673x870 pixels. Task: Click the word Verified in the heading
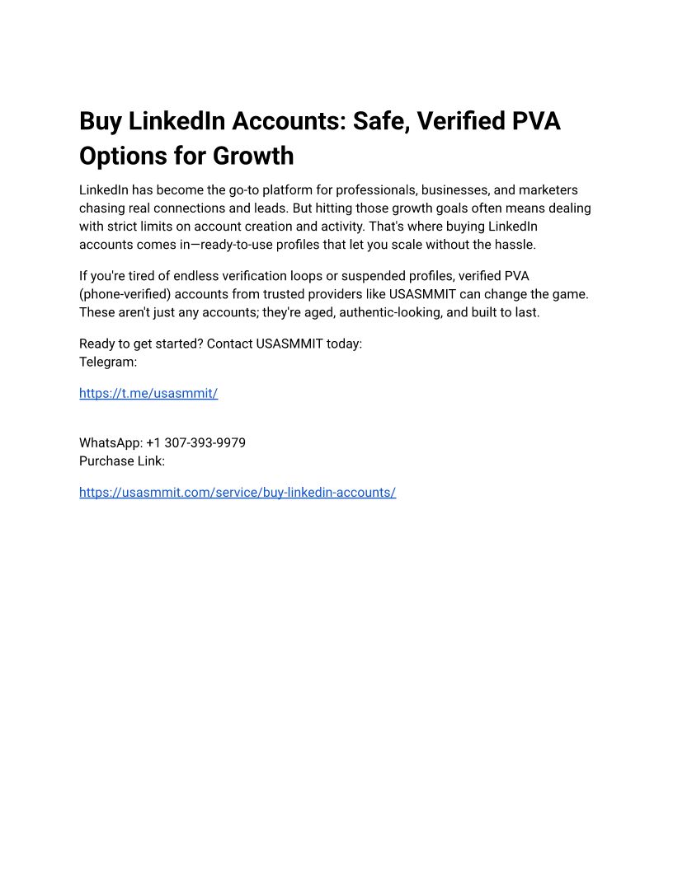462,121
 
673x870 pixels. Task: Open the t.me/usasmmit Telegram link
148,393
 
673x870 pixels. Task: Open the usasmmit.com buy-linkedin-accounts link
238,492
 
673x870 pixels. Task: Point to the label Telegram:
108,361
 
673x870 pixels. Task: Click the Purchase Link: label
122,461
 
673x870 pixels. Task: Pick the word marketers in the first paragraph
548,189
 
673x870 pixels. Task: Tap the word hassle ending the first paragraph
514,244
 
